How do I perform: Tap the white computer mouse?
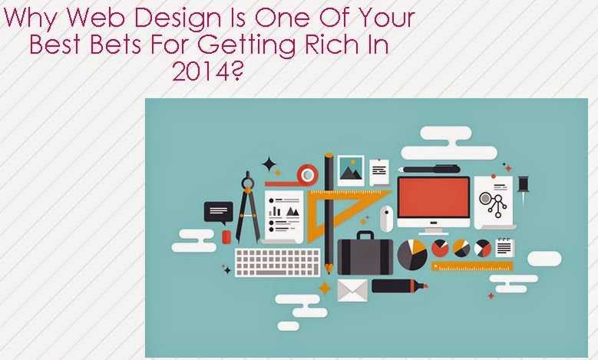[x=386, y=217]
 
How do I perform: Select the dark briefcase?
[x=365, y=255]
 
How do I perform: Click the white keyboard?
[x=276, y=263]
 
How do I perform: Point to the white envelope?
[x=353, y=289]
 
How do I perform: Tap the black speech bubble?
[x=217, y=211]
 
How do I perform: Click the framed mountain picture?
[x=351, y=170]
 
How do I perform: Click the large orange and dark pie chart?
[x=412, y=255]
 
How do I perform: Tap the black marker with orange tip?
[x=398, y=286]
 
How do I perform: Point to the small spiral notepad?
[x=504, y=247]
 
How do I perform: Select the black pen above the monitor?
[x=431, y=168]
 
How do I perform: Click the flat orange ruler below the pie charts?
[x=471, y=266]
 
